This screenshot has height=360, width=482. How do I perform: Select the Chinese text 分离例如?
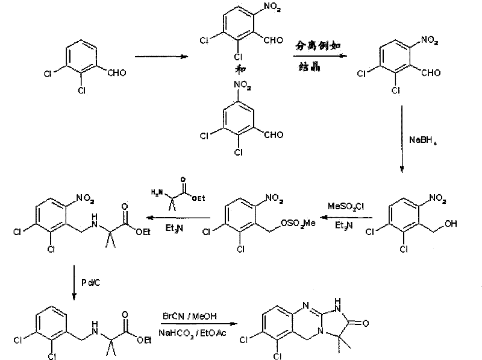(315, 46)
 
